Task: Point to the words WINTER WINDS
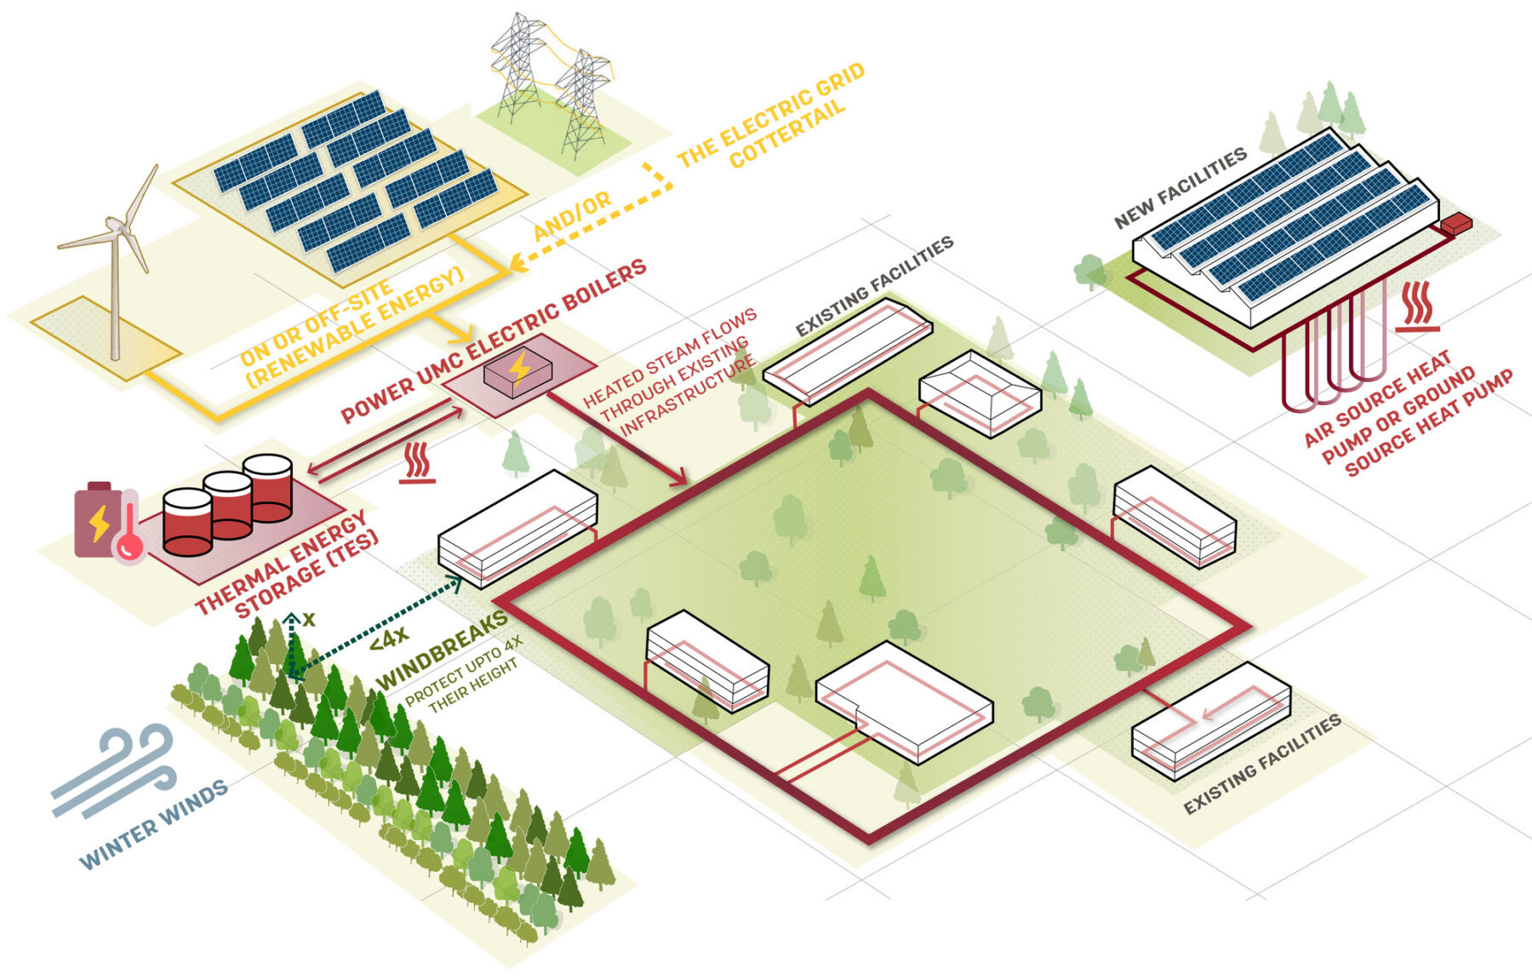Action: point(154,825)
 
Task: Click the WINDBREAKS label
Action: point(442,650)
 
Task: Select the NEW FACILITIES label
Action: point(1180,187)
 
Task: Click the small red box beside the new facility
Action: point(1455,224)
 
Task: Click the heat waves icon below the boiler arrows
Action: point(417,462)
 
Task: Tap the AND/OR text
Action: point(572,215)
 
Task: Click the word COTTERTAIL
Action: point(788,133)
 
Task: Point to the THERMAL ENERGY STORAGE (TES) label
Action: point(287,564)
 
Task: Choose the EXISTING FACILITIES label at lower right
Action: point(1262,764)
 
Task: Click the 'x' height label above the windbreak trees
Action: point(309,620)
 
